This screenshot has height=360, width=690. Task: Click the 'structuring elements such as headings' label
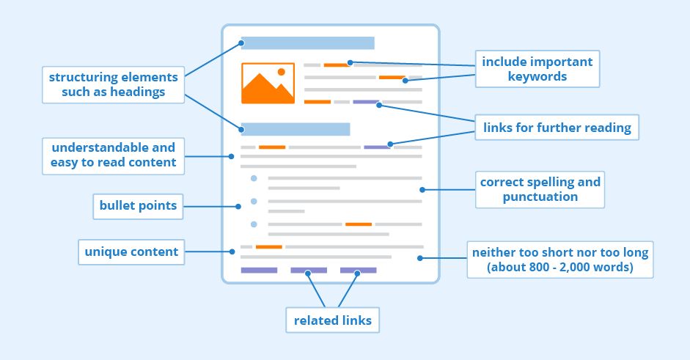point(113,84)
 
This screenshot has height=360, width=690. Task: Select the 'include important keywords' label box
point(537,69)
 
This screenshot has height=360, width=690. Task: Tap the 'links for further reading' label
point(557,128)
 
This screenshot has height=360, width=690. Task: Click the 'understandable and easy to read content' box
point(113,155)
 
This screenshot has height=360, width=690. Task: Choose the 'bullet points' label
point(139,206)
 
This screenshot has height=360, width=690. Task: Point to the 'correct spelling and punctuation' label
point(540,189)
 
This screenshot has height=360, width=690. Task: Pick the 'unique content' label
point(131,251)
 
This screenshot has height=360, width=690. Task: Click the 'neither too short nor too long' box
point(560,260)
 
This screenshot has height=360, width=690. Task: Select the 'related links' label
point(333,320)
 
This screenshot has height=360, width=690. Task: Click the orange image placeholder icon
point(268,83)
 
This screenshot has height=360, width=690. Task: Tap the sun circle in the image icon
point(281,72)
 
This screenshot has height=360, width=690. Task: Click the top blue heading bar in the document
point(307,43)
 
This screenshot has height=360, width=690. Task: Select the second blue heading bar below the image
point(295,130)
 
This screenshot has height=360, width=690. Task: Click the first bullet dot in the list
point(254,178)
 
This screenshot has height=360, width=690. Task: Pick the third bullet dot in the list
point(254,224)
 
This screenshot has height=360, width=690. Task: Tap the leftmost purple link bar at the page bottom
point(259,271)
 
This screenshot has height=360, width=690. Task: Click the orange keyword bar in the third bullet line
point(359,224)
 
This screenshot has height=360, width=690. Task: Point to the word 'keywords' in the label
point(537,76)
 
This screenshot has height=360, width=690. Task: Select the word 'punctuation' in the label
point(540,196)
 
